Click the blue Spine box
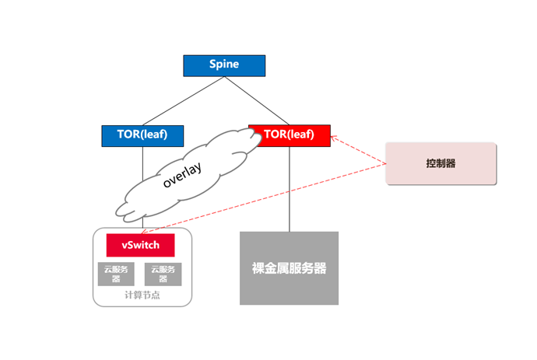[x=224, y=66]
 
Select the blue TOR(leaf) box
[x=142, y=136]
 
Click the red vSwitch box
[x=140, y=245]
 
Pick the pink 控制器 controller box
[x=440, y=163]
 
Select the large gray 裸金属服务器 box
[x=289, y=268]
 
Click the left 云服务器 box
[x=116, y=274]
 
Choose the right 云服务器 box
[x=163, y=274]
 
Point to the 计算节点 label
[x=142, y=295]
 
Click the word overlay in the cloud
[x=182, y=175]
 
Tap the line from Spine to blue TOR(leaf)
[x=183, y=101]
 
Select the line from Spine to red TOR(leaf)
[x=257, y=100]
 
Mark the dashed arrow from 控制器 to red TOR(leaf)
[x=359, y=150]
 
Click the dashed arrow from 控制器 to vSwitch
[x=264, y=198]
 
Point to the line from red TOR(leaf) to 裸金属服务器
[x=290, y=189]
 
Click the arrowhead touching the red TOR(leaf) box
[x=334, y=138]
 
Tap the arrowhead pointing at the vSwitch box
[x=144, y=232]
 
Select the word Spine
[x=224, y=64]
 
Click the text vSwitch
[x=140, y=245]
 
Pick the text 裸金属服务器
[x=289, y=268]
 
